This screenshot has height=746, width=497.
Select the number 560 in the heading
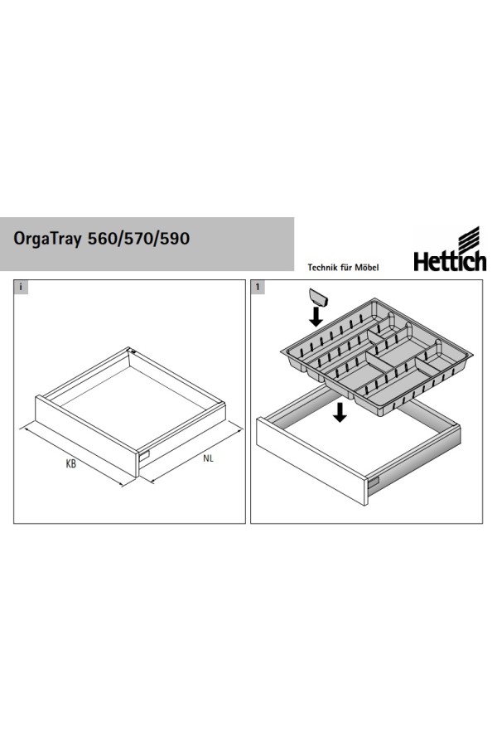tap(102, 238)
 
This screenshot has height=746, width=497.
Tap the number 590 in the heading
tap(175, 238)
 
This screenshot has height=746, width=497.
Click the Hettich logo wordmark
tap(450, 261)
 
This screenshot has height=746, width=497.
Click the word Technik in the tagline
tap(323, 268)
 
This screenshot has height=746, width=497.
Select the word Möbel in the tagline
tap(367, 268)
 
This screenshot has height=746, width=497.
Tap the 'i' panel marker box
tap(21, 287)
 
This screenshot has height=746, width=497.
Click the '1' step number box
tap(258, 287)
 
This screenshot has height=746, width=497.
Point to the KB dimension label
tap(71, 463)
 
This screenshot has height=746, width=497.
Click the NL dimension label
tap(208, 458)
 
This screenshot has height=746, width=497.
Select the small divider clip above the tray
tap(319, 298)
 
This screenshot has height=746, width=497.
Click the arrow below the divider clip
tap(316, 317)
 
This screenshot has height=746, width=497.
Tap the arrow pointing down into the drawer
tap(340, 412)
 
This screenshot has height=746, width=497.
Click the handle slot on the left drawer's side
tap(144, 455)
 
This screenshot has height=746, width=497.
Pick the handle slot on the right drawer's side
tap(374, 483)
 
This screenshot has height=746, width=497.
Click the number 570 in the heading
tap(138, 238)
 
